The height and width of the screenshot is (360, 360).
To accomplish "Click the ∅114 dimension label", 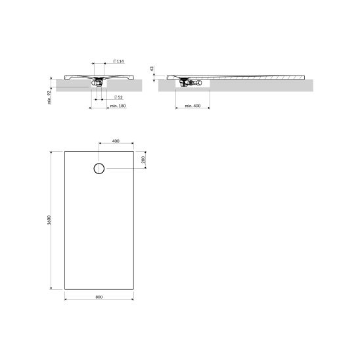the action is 118,61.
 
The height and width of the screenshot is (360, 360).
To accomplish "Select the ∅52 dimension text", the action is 118,97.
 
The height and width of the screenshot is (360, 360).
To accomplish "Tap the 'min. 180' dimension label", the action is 118,106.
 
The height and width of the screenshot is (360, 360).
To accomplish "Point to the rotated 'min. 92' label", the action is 49,98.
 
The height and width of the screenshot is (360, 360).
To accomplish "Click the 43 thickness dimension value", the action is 152,68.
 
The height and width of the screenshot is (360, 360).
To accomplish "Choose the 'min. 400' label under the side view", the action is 192,106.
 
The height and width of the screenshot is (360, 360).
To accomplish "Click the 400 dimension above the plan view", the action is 116,141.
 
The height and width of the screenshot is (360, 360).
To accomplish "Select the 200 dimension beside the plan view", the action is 143,160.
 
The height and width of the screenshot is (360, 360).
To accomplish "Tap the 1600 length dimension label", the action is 49,220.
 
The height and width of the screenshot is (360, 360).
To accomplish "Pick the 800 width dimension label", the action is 99,297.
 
